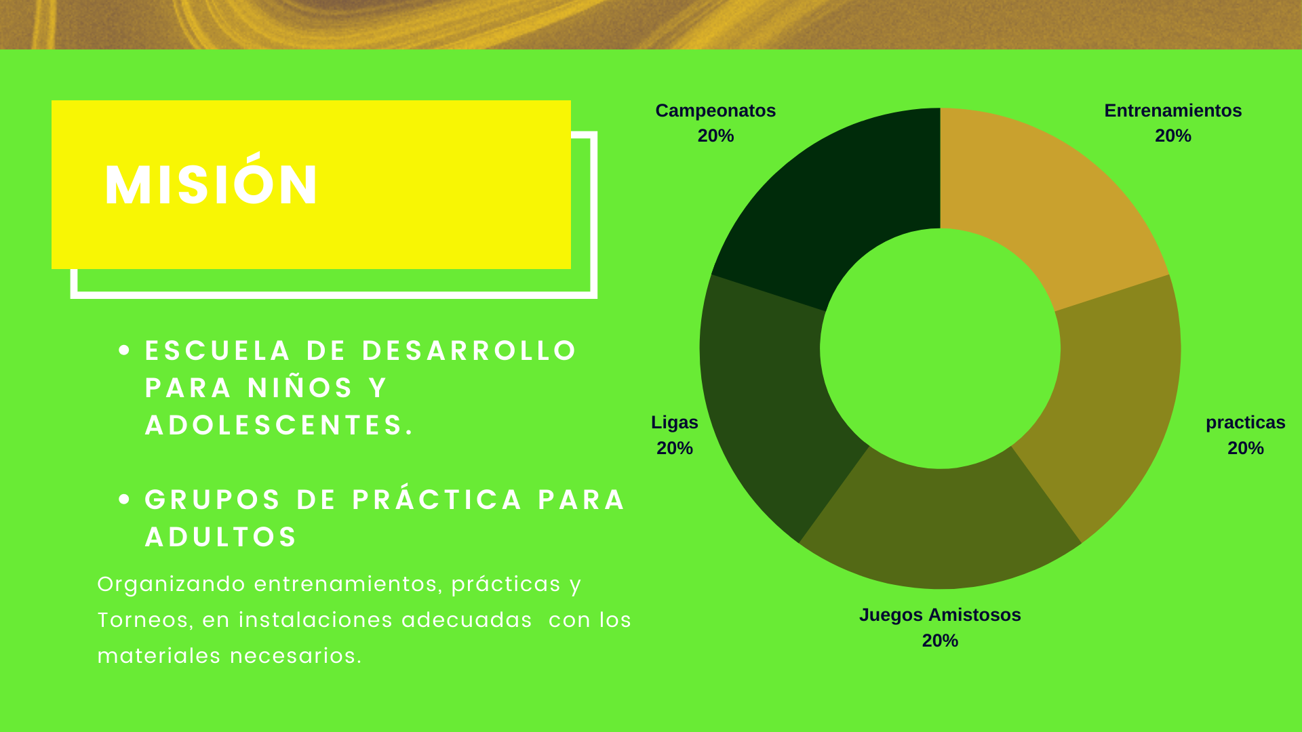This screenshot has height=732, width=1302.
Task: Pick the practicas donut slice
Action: (x=1112, y=400)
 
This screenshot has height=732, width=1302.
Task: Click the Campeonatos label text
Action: (x=715, y=110)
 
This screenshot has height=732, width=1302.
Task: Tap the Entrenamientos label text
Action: (x=1173, y=110)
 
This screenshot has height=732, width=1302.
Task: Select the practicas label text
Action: (x=1246, y=423)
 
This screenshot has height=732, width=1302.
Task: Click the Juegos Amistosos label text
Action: (x=940, y=615)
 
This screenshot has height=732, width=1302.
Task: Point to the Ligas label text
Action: (x=675, y=423)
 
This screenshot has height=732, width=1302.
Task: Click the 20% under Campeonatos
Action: (x=716, y=136)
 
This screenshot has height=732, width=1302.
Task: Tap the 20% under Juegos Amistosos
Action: (x=940, y=640)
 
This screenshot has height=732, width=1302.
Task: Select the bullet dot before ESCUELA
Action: (x=124, y=350)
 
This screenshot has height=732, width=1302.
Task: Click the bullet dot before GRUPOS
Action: (x=124, y=500)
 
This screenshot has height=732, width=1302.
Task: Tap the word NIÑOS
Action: (x=300, y=387)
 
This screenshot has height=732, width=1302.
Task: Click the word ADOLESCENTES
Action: (x=279, y=425)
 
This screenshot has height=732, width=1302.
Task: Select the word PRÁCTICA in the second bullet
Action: (x=437, y=498)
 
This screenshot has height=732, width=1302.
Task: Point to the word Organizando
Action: (x=172, y=585)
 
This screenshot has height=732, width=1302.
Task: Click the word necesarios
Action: (x=296, y=656)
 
